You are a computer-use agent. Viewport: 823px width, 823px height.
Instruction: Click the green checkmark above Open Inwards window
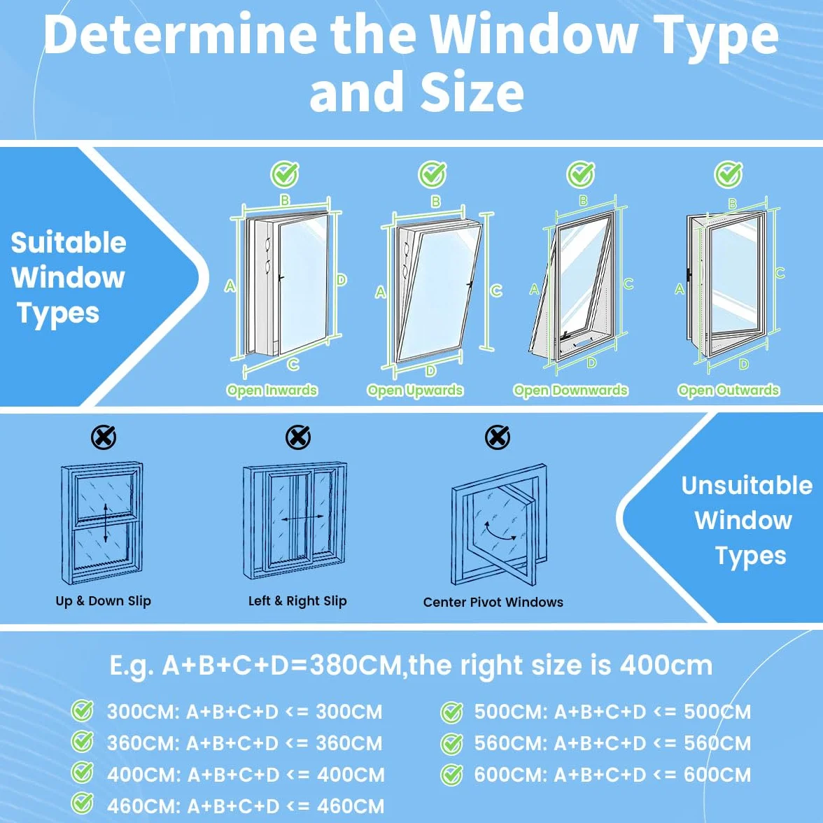pos(285,174)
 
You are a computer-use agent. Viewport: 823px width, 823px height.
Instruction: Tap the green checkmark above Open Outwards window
pos(729,174)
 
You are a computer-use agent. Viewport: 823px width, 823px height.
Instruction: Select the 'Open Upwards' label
pos(414,391)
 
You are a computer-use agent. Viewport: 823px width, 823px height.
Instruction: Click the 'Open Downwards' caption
pos(570,391)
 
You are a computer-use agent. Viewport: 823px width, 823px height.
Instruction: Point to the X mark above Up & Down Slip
pos(104,437)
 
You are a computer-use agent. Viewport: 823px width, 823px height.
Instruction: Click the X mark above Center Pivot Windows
pos(497,437)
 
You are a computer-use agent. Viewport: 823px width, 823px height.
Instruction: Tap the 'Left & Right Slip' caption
pos(297,601)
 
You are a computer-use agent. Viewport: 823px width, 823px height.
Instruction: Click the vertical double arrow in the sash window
pos(106,523)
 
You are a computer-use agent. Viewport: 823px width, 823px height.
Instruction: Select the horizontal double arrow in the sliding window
pos(302,519)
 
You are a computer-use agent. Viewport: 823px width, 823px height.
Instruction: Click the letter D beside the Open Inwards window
pos(342,280)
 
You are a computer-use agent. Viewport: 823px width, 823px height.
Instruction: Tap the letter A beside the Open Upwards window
pos(381,292)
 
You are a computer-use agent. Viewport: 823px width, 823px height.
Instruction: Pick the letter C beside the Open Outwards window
pos(780,273)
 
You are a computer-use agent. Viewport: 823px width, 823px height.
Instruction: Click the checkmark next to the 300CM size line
pos(83,711)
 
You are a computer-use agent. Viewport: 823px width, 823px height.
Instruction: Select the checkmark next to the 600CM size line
pos(451,775)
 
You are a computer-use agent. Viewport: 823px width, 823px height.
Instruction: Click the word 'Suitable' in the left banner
pos(69,242)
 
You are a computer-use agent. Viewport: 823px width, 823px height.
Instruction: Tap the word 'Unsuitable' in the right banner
pos(747,486)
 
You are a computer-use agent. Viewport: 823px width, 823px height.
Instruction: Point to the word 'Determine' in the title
pos(180,35)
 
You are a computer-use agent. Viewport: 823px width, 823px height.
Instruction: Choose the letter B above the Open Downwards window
pos(583,200)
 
